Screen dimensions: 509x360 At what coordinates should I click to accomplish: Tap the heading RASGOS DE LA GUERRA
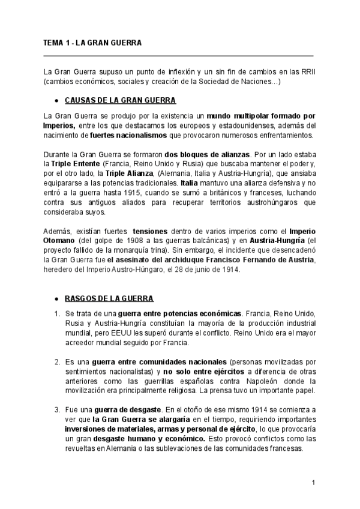coord(109,298)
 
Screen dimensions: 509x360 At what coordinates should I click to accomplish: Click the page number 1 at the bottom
coord(313,483)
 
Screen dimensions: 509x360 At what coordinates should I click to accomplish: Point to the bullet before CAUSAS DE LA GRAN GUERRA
coord(56,100)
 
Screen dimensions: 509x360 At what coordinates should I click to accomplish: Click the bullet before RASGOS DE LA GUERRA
coord(56,299)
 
